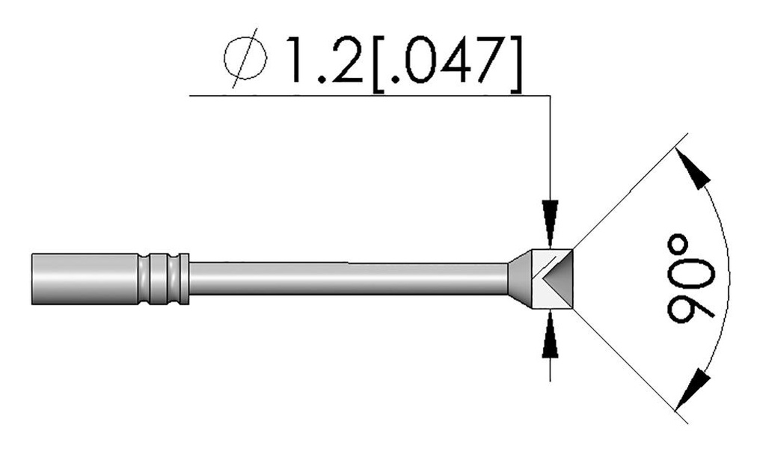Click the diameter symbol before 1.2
pos(245,58)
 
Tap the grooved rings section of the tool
pos(165,279)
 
